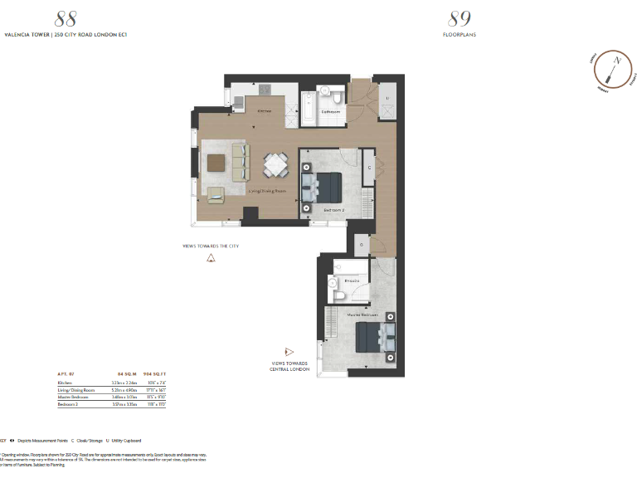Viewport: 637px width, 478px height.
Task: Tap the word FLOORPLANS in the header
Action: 459,35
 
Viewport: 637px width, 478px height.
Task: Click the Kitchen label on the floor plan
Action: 264,110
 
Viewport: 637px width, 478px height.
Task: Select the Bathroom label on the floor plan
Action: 333,110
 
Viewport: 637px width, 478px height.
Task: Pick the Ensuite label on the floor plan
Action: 353,281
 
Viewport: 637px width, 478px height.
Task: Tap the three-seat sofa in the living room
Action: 240,162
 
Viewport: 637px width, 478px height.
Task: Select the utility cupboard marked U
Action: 387,98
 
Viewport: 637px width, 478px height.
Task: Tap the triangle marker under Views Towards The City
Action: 211,258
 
